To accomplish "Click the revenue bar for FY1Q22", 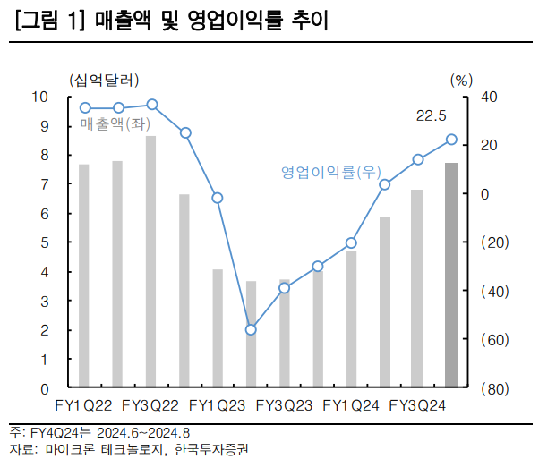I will (x=84, y=276).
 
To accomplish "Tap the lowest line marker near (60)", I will (x=252, y=330).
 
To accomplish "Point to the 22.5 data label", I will (x=432, y=115).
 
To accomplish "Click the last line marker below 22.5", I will (x=451, y=140).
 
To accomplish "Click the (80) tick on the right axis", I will (x=495, y=389).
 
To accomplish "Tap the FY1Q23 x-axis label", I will (x=217, y=406).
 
